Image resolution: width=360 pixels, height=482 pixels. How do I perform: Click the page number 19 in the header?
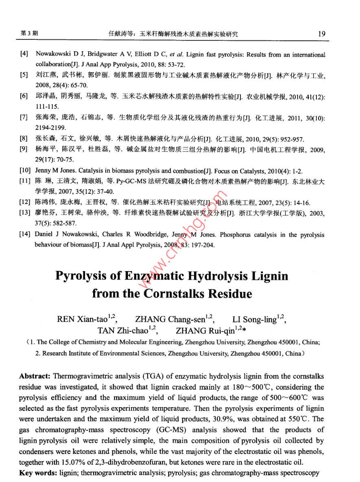(x=322, y=34)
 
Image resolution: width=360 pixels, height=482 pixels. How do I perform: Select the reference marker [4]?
(x=24, y=55)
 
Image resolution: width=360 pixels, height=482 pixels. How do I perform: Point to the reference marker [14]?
(x=25, y=235)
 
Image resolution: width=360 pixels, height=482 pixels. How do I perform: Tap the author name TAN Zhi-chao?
(x=122, y=330)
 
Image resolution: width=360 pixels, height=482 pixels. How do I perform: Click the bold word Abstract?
(x=35, y=376)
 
